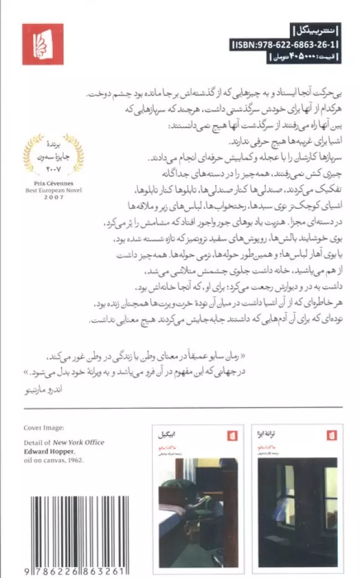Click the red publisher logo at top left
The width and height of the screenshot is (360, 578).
[x=43, y=44]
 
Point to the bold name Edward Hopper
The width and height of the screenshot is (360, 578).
[x=49, y=451]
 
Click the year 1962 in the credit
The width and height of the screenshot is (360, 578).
[x=75, y=460]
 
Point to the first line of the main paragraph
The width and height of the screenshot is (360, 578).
[x=204, y=95]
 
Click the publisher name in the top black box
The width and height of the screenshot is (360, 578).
[x=314, y=31]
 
